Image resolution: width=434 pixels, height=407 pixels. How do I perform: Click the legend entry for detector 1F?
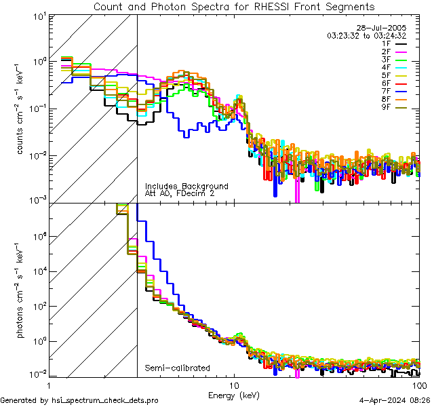click(x=386, y=43)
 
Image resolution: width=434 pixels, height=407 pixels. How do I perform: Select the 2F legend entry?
click(x=386, y=52)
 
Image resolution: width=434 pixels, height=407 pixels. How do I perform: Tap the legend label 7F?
click(x=386, y=91)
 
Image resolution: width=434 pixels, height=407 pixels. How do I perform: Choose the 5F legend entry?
click(x=386, y=75)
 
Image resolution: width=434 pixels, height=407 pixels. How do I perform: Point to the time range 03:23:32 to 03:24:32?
click(x=366, y=35)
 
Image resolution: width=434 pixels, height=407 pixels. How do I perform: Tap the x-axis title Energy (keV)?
click(x=234, y=394)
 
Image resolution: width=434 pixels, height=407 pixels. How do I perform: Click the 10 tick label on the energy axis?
click(x=234, y=385)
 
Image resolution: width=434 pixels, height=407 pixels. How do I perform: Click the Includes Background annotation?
click(x=186, y=186)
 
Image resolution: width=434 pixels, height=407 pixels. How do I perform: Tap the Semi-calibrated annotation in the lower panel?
click(x=178, y=368)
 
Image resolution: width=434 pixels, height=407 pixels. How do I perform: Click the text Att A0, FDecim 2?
click(x=179, y=193)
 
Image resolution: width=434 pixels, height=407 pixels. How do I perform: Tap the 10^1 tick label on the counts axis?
click(x=37, y=16)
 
